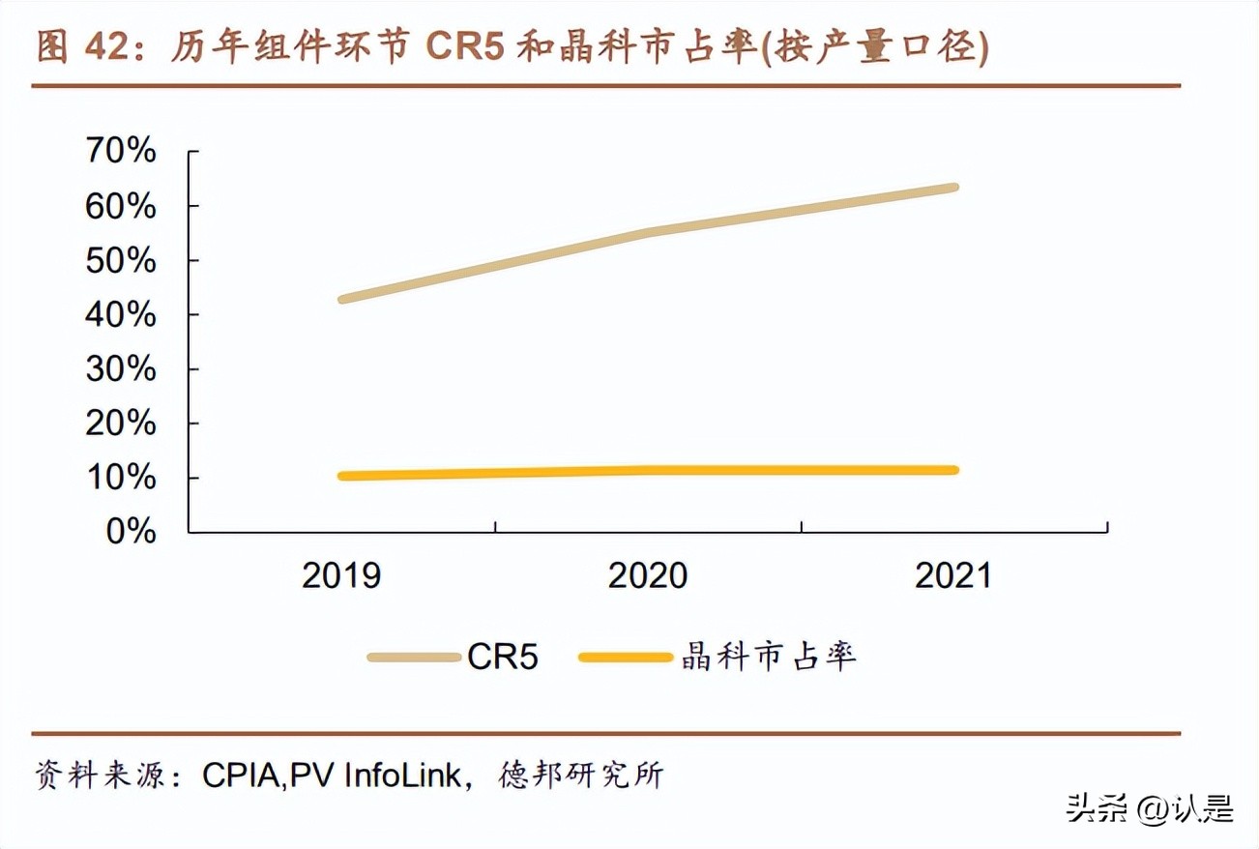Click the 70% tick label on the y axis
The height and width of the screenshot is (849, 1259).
121,151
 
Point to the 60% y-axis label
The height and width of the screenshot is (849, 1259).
121,206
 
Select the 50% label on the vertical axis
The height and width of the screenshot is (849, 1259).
121,260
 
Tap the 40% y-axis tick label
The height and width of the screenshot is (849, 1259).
121,314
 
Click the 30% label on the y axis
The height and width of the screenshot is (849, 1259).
121,368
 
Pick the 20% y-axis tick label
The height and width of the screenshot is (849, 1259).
121,423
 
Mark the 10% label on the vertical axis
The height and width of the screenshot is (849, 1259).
121,477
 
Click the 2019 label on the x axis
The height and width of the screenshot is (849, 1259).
341,575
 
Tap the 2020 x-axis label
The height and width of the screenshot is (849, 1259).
648,575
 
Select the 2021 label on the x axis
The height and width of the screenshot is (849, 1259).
953,575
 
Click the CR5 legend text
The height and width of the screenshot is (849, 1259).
503,658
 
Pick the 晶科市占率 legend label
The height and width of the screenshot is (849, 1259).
769,658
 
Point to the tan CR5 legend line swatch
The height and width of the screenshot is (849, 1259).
414,658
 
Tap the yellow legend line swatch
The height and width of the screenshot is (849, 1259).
625,658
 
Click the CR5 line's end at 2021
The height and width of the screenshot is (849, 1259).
954,188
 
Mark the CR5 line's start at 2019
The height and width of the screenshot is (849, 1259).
342,299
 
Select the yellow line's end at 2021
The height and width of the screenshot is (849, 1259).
954,470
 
